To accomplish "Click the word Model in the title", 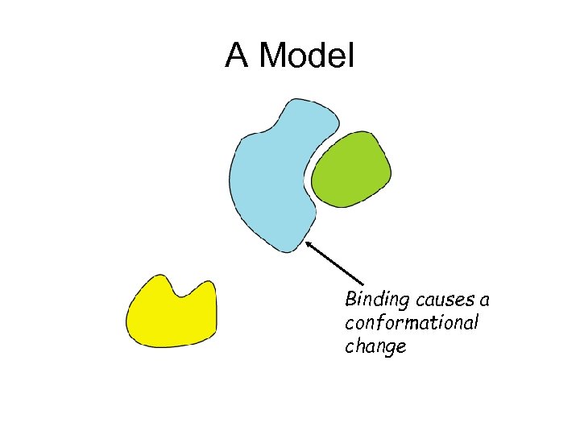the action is (x=308, y=56).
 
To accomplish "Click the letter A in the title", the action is (x=236, y=56).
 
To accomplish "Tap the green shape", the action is (x=351, y=170).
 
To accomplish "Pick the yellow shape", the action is (x=171, y=317).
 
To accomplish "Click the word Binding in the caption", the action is (x=375, y=300).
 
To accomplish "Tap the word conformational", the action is (x=412, y=324).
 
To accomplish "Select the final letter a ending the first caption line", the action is (x=484, y=301).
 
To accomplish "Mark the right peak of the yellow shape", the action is (x=209, y=284).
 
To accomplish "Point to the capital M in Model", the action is (x=275, y=56).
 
